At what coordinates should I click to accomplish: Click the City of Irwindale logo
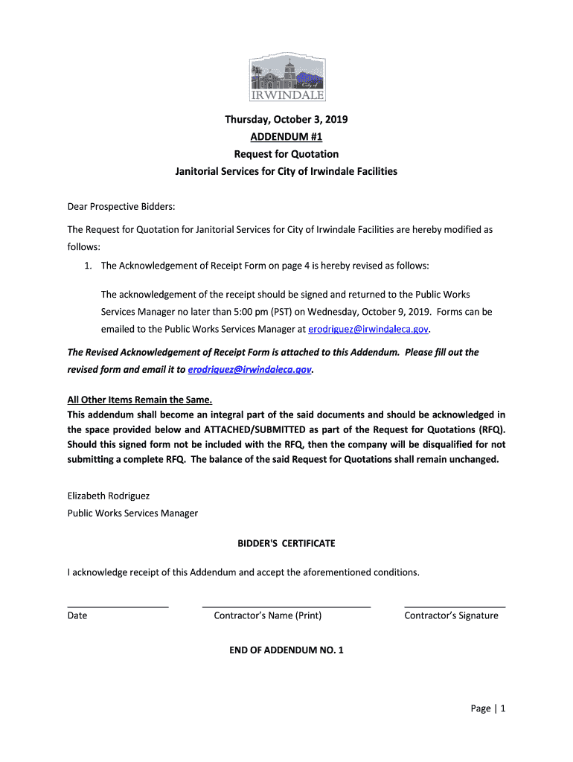(x=286, y=77)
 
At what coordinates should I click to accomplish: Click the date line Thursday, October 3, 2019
(x=286, y=119)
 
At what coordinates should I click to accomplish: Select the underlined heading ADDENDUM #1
(x=286, y=137)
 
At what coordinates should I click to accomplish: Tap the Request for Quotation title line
(x=286, y=154)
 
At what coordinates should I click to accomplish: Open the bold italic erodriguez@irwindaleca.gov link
(x=250, y=369)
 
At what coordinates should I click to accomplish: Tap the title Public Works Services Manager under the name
(x=132, y=513)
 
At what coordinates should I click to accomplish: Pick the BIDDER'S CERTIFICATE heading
(x=286, y=543)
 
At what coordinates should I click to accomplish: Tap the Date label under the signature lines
(x=77, y=615)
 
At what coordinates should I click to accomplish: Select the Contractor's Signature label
(x=451, y=615)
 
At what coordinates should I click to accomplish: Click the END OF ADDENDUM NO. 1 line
(x=286, y=650)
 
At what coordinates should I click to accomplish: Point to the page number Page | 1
(x=487, y=708)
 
